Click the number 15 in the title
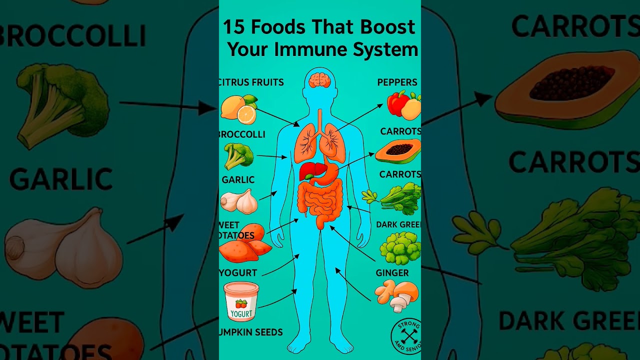(233, 27)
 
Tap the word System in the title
(390, 50)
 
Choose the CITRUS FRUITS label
(251, 82)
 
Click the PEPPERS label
(397, 82)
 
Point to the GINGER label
(392, 273)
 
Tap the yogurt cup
(241, 301)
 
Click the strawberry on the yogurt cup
(241, 303)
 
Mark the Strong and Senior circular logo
(406, 335)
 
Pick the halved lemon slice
(246, 115)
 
